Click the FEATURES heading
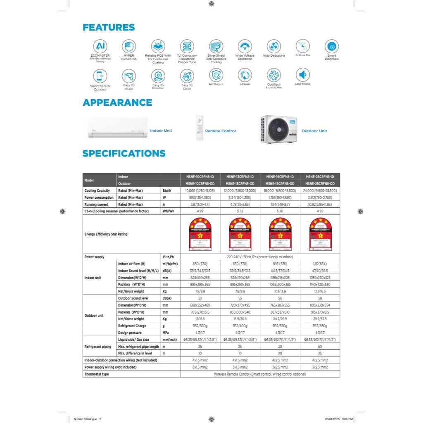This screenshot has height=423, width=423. coord(109,28)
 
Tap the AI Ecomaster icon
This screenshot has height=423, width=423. coord(100,46)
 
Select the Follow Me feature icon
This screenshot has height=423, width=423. coord(302,45)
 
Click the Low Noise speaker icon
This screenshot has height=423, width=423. coord(302,75)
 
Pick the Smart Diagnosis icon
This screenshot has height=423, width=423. coord(332,46)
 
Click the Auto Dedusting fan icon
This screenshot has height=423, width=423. coord(273,46)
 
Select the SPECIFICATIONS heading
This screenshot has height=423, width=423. coord(124,154)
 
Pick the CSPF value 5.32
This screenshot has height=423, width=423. coord(240,211)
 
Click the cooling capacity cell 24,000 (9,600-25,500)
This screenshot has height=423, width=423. coord(320,191)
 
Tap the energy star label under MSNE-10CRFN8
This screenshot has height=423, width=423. coord(200,234)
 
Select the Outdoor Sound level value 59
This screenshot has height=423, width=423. coord(320,298)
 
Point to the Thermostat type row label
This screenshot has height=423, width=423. coord(97,374)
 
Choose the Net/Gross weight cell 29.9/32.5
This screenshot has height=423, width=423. coord(320,319)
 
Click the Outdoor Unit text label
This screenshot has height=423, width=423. coord(314,131)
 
